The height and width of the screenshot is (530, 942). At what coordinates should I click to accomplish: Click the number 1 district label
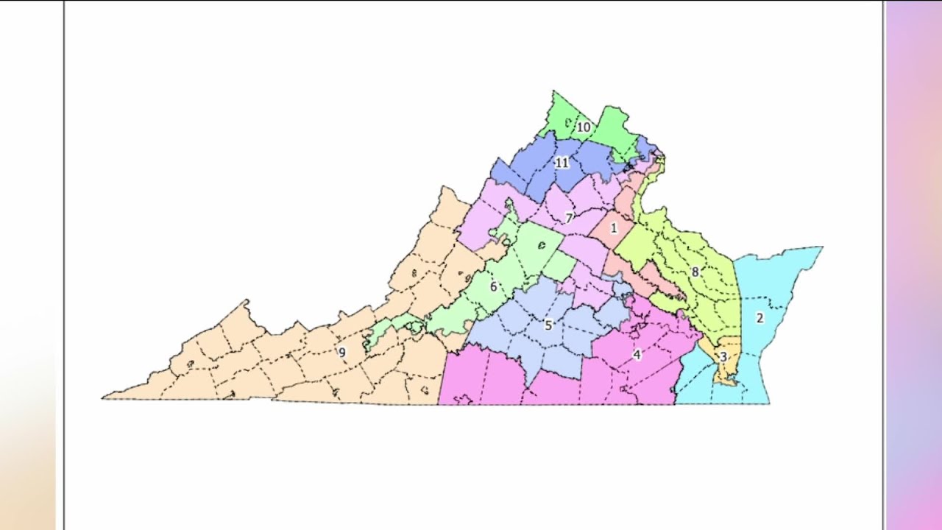pyautogui.click(x=614, y=229)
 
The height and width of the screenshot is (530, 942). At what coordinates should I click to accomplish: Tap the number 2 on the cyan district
pyautogui.click(x=760, y=318)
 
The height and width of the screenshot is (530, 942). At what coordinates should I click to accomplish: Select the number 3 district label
pyautogui.click(x=723, y=357)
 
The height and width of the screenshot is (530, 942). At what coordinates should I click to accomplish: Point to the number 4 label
pyautogui.click(x=637, y=355)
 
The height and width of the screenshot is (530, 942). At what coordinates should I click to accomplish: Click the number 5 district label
pyautogui.click(x=548, y=325)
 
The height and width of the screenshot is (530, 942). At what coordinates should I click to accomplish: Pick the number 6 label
pyautogui.click(x=493, y=286)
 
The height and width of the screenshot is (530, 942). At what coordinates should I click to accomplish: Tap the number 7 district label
pyautogui.click(x=569, y=218)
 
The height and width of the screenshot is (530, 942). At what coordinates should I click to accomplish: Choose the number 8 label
pyautogui.click(x=695, y=272)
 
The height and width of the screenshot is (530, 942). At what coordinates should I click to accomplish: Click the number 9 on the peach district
pyautogui.click(x=341, y=352)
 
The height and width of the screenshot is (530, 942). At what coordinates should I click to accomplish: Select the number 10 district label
pyautogui.click(x=583, y=127)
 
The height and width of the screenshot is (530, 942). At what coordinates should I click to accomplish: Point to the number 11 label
pyautogui.click(x=562, y=163)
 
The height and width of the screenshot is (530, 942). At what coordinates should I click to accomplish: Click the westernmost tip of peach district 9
pyautogui.click(x=103, y=398)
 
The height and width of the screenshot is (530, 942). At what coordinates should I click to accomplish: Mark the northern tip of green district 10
pyautogui.click(x=553, y=91)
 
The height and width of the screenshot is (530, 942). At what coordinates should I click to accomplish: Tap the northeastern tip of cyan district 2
pyautogui.click(x=822, y=247)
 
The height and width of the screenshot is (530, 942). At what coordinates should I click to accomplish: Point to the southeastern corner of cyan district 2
pyautogui.click(x=769, y=403)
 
